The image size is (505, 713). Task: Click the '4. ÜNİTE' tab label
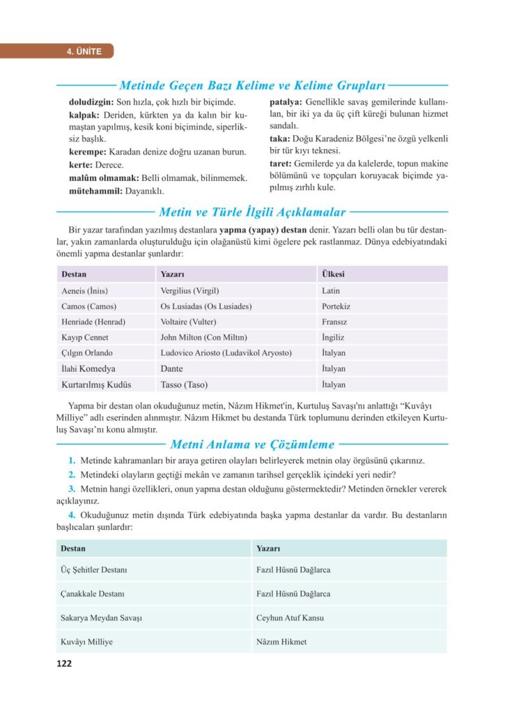[84, 51]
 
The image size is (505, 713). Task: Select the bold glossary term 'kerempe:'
[86, 152]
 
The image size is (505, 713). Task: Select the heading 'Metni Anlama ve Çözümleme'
[253, 444]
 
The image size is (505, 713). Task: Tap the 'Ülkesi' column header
[333, 274]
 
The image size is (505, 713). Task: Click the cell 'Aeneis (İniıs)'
[85, 290]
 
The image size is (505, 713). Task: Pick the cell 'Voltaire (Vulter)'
[188, 322]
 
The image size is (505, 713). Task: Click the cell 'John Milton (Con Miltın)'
[199, 337]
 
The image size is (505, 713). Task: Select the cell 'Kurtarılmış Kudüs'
[96, 384]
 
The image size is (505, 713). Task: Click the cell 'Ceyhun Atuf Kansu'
[290, 618]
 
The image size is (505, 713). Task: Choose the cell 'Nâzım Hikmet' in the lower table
[281, 641]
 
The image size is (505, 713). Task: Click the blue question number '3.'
[72, 488]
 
